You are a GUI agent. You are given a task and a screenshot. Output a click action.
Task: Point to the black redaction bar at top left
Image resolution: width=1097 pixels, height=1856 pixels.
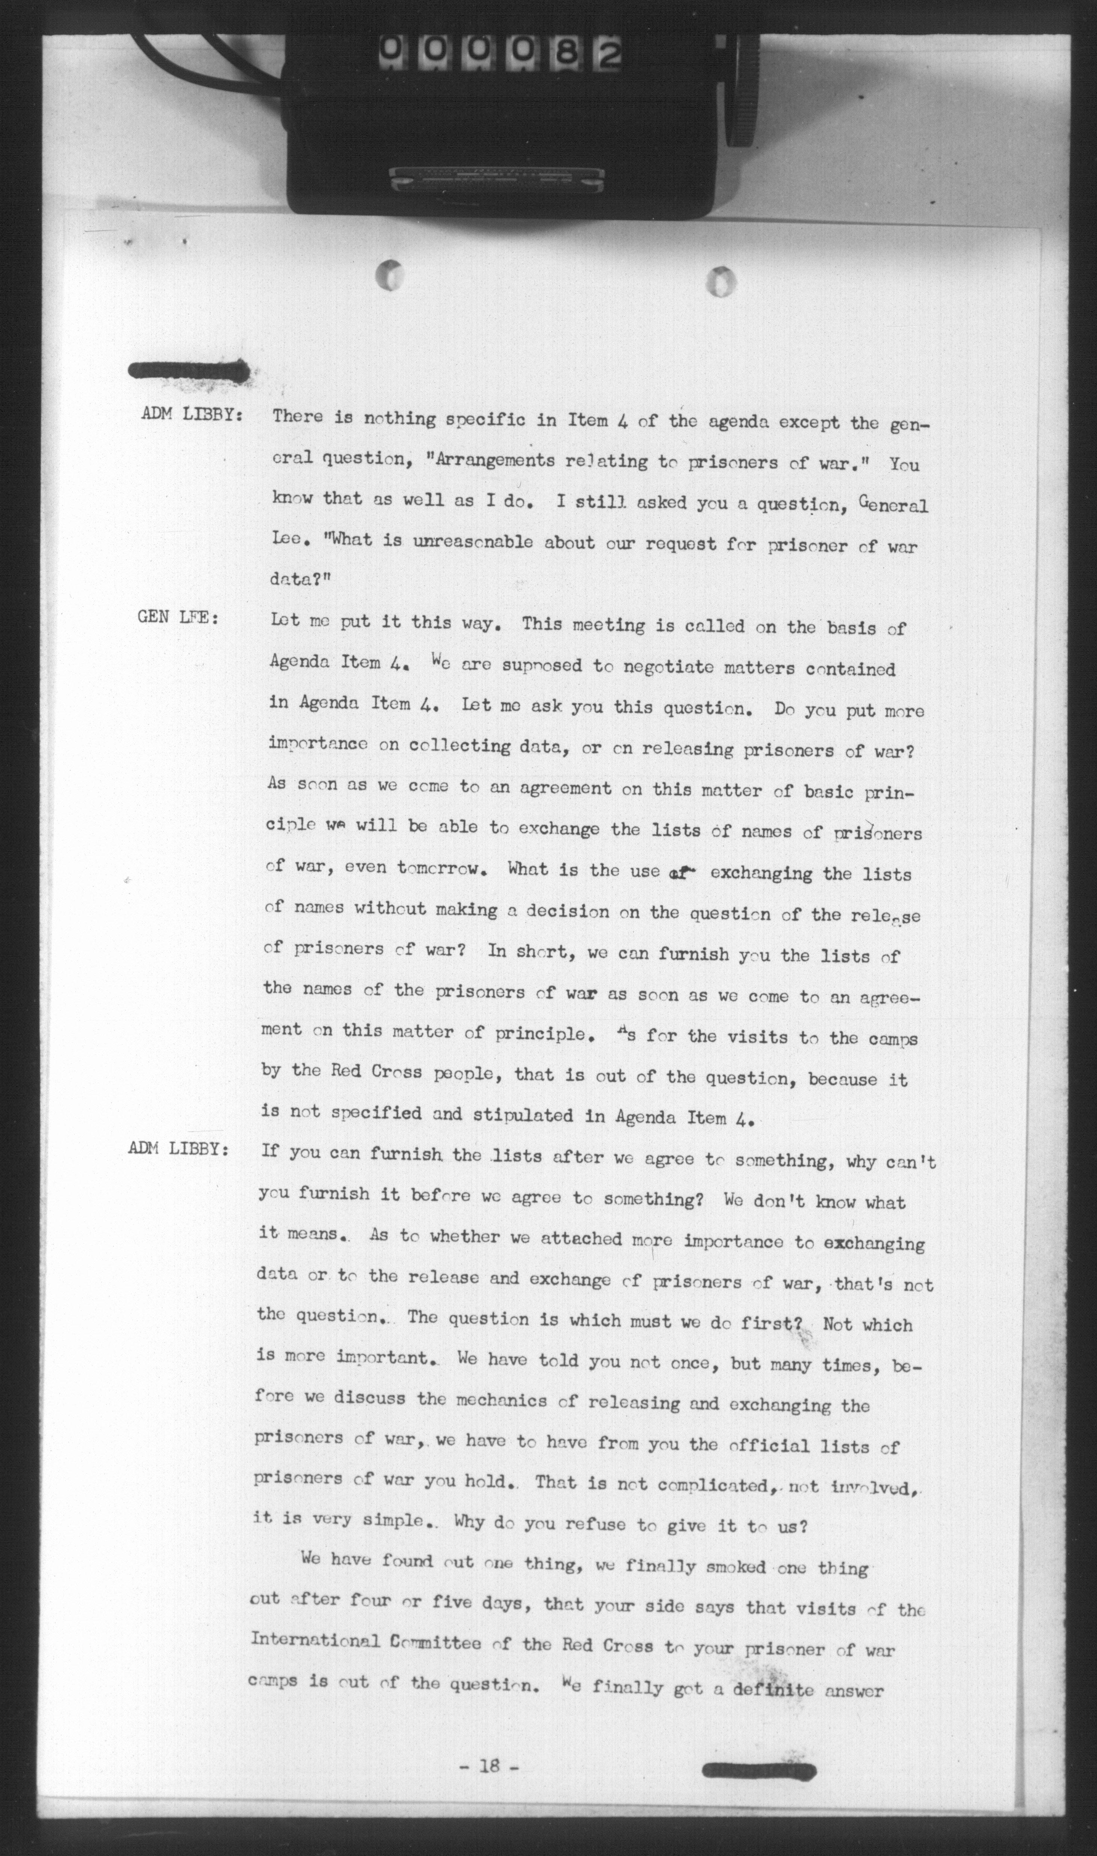189,371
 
